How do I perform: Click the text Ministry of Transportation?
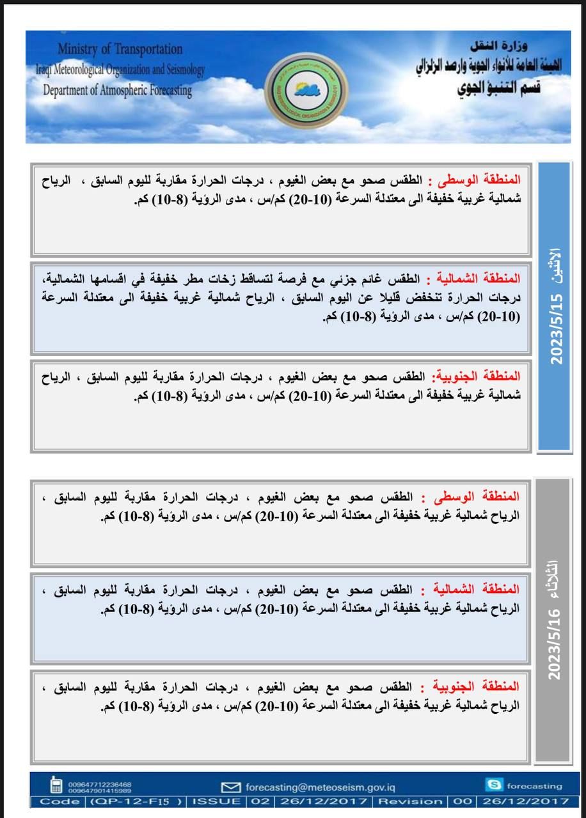120,49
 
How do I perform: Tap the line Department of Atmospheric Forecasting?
117,90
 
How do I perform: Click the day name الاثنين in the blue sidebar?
555,265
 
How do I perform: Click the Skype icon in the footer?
493,785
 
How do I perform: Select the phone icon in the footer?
56,785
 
